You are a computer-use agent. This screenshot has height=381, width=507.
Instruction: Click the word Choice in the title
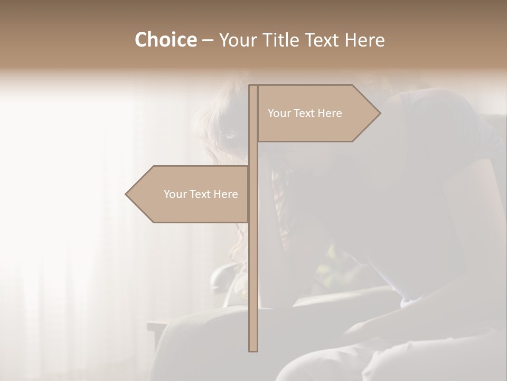click(165, 40)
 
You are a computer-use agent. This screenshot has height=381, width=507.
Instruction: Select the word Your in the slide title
click(236, 40)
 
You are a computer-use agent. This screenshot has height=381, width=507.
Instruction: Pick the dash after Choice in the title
click(208, 41)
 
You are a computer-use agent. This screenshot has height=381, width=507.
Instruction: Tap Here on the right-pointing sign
click(330, 113)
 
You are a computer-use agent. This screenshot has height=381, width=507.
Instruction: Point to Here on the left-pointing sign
click(226, 194)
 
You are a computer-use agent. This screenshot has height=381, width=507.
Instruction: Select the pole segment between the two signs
click(253, 154)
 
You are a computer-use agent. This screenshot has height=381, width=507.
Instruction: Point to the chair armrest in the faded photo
click(222, 275)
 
